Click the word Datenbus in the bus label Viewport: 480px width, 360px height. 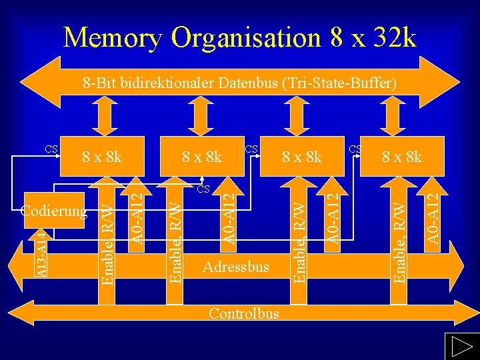[249, 83]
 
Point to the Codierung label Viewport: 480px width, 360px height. [54, 211]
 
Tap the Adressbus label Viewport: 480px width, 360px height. [236, 267]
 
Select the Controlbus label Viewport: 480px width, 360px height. [243, 313]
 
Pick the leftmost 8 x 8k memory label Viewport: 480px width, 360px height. [101, 157]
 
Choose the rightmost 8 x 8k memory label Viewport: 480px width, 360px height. [401, 157]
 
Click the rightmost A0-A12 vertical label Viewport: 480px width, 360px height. [433, 218]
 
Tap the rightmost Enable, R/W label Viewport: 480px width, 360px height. [398, 237]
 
